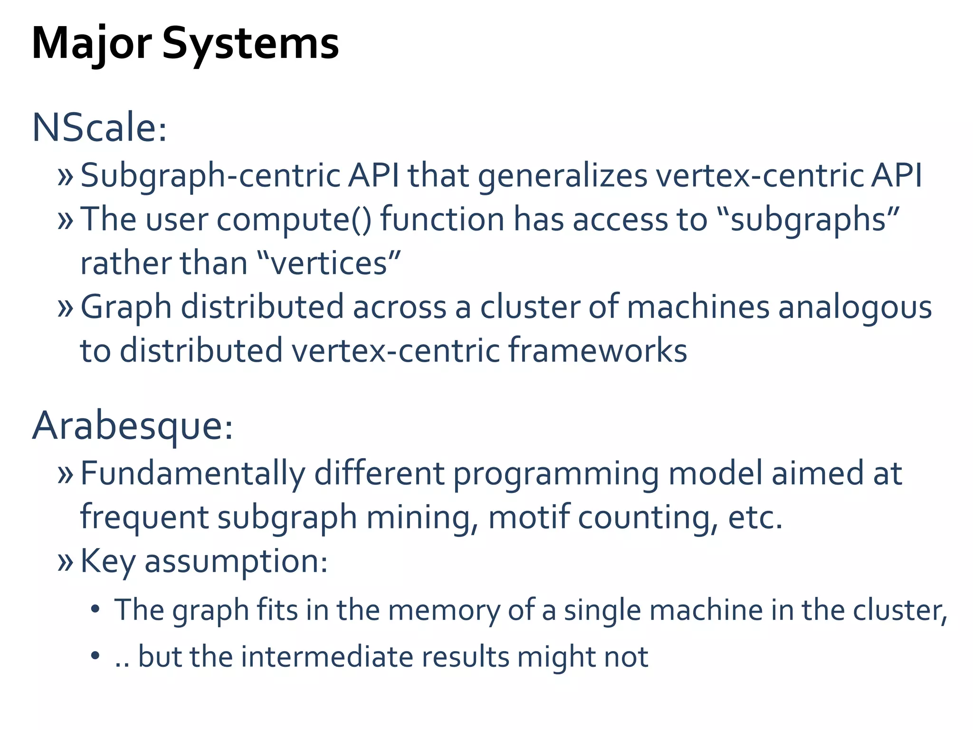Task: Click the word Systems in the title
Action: pyautogui.click(x=250, y=44)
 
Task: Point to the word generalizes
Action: pyautogui.click(x=563, y=175)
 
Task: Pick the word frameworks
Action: pyautogui.click(x=598, y=350)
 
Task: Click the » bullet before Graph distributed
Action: pyautogui.click(x=65, y=307)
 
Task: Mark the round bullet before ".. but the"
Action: pyautogui.click(x=95, y=656)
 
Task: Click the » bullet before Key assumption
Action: pyautogui.click(x=65, y=562)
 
